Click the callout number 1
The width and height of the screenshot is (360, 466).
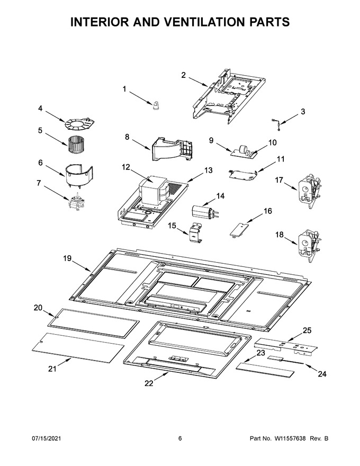click(124, 89)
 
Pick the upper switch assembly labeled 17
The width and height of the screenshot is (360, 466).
click(310, 190)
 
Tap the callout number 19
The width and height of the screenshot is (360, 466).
click(67, 258)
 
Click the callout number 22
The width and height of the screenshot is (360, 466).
click(149, 383)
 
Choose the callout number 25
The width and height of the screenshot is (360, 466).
click(307, 330)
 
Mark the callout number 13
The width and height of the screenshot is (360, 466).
click(208, 171)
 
